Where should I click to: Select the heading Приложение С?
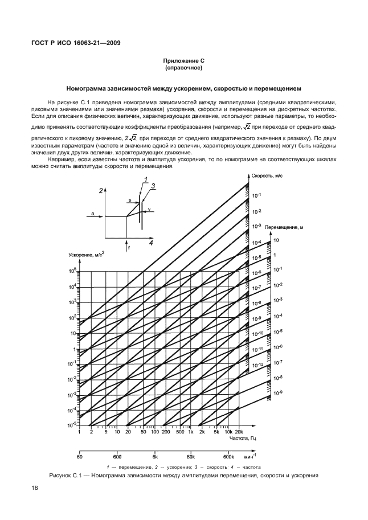pos(184,60)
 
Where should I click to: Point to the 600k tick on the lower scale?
pos(228,457)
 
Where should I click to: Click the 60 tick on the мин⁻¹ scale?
pos(80,457)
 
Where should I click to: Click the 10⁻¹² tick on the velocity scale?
pos(257,364)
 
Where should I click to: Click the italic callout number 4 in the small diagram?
pos(151,243)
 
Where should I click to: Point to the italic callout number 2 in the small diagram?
pos(100,191)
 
